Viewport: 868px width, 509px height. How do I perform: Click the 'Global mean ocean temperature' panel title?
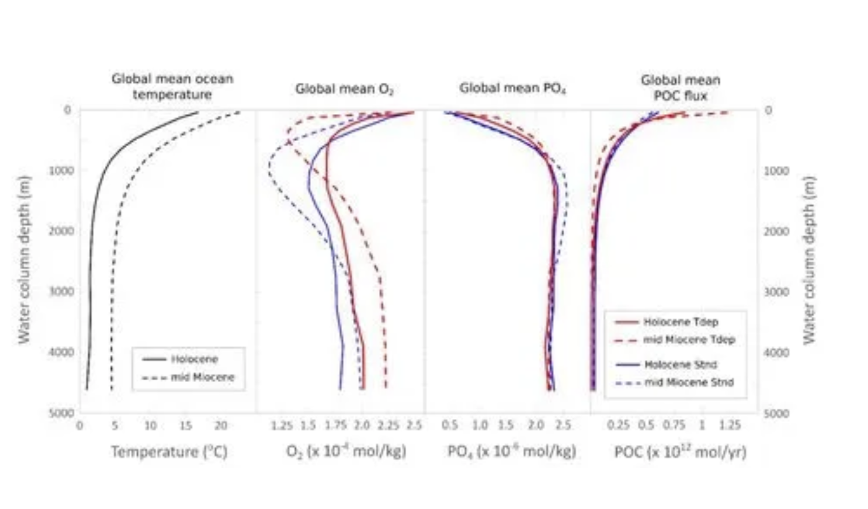(x=172, y=86)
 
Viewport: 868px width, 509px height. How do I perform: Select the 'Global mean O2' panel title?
(x=344, y=89)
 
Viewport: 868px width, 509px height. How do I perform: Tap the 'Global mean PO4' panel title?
(x=512, y=88)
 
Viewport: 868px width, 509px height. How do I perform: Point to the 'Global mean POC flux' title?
(x=680, y=88)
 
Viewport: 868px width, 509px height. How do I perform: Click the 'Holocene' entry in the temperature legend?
(x=194, y=359)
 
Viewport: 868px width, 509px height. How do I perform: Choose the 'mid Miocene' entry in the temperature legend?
(x=202, y=377)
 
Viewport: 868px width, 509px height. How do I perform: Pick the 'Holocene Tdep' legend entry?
(x=680, y=322)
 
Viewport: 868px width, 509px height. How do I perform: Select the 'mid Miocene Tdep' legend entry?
(x=688, y=340)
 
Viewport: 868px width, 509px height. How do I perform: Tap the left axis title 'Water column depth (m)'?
(x=23, y=260)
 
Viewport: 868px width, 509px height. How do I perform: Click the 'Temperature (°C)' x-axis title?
(x=169, y=452)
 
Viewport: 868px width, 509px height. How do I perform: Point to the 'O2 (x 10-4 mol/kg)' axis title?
(x=346, y=452)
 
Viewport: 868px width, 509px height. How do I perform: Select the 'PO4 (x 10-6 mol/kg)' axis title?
(x=512, y=452)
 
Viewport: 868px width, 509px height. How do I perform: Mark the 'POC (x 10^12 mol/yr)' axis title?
(x=680, y=452)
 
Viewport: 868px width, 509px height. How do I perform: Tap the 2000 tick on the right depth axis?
(x=776, y=231)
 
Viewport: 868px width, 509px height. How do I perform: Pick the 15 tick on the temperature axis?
(x=185, y=426)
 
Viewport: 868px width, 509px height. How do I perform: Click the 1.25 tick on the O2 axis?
(x=282, y=426)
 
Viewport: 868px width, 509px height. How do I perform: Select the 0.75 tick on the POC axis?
(x=674, y=426)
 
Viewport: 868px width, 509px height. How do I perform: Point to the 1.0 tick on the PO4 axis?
(x=479, y=426)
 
